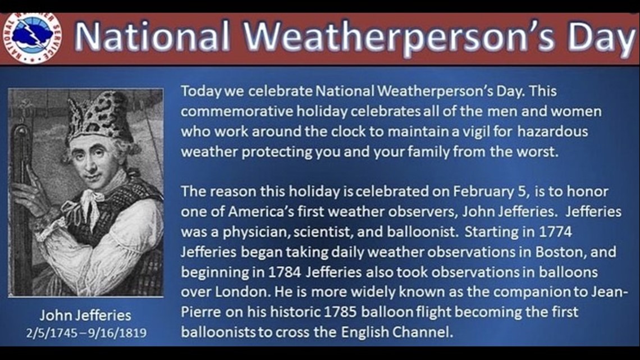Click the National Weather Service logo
32,38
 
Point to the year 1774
556,232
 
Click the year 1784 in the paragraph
285,272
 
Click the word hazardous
552,131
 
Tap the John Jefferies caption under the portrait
85,315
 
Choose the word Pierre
203,312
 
